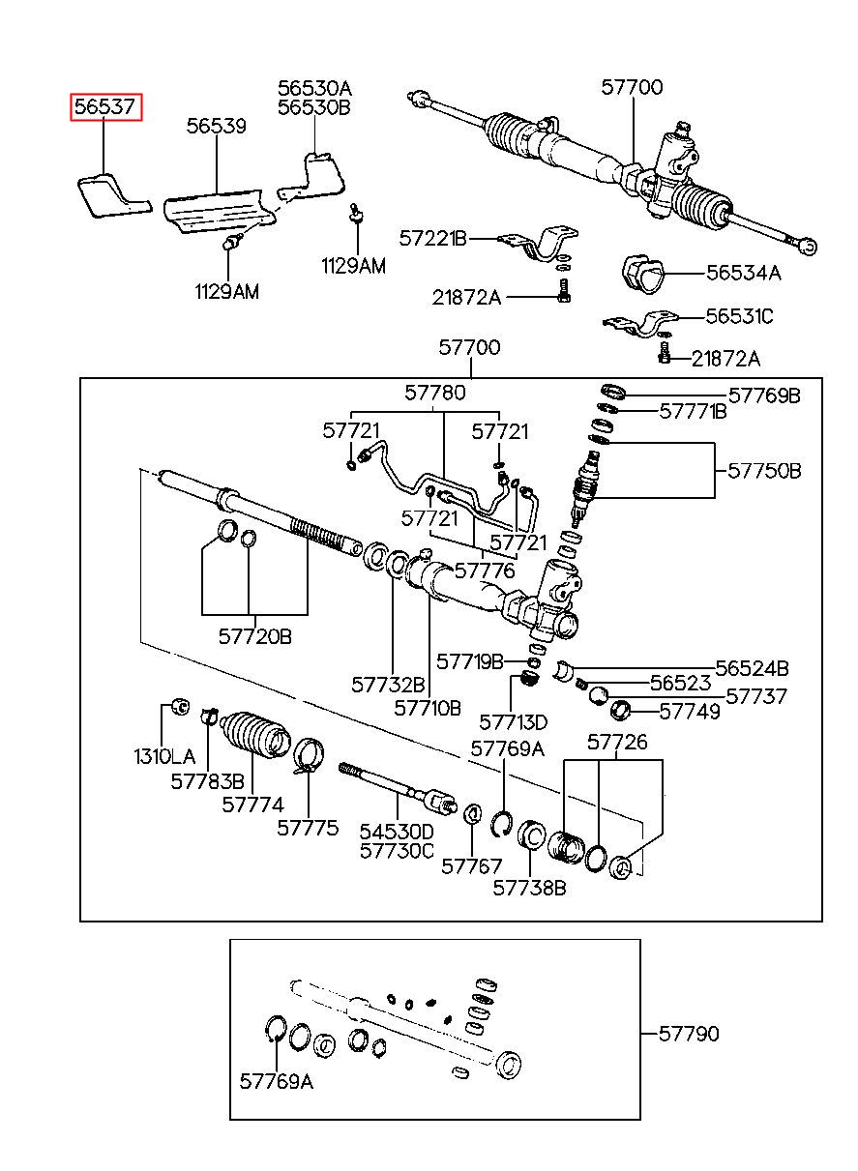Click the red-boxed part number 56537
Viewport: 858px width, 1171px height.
(105, 106)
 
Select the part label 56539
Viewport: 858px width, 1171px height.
(217, 126)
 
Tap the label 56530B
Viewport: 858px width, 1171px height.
(313, 107)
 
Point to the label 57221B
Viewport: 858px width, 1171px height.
(433, 239)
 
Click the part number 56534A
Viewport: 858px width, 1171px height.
(744, 273)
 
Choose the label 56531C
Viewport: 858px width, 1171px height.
(739, 316)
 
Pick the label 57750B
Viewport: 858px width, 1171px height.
(764, 471)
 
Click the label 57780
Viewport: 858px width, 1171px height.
(435, 393)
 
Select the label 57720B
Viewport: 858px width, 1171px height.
(255, 636)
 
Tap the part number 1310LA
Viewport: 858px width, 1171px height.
(164, 756)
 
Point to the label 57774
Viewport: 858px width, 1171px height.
(253, 805)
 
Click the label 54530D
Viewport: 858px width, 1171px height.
(397, 832)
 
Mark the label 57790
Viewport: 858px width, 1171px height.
(689, 1034)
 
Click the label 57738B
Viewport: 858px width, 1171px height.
(530, 888)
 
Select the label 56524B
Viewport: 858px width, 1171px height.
(753, 668)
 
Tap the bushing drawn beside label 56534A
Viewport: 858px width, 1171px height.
(642, 273)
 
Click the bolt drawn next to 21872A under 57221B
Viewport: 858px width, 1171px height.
(563, 291)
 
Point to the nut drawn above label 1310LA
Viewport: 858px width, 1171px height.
(182, 706)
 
